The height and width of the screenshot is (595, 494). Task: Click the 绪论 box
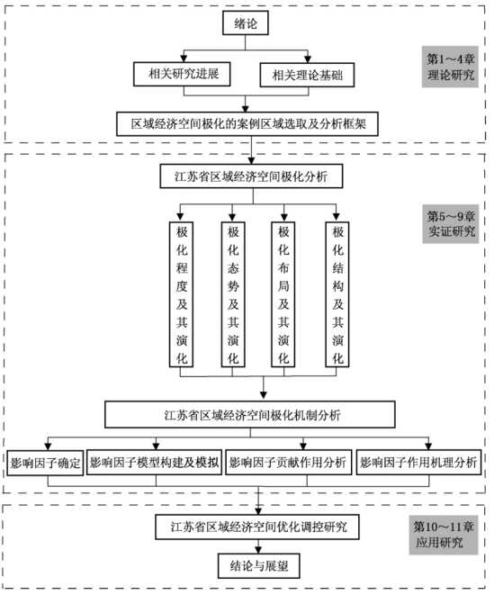pyautogui.click(x=246, y=23)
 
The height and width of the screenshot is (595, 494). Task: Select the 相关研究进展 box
pyautogui.click(x=182, y=74)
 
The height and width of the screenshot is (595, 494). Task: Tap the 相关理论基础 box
pyautogui.click(x=307, y=75)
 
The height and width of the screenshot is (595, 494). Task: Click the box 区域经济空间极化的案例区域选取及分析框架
pyautogui.click(x=247, y=123)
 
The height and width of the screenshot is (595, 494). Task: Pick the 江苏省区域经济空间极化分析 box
pyautogui.click(x=251, y=176)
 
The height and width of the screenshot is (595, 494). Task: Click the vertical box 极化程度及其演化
pyautogui.click(x=181, y=294)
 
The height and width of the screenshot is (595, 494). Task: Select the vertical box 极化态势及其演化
pyautogui.click(x=233, y=294)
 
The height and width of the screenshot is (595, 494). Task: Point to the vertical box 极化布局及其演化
pyautogui.click(x=283, y=294)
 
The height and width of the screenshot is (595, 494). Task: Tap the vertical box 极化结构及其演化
pyautogui.click(x=337, y=294)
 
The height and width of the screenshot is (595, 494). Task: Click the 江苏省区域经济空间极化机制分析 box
pyautogui.click(x=250, y=415)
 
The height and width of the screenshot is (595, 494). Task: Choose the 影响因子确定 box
pyautogui.click(x=45, y=463)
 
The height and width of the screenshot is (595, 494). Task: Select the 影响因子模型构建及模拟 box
pyautogui.click(x=154, y=462)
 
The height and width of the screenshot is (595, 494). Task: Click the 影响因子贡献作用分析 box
pyautogui.click(x=288, y=462)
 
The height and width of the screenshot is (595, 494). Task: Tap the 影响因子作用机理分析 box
pyautogui.click(x=419, y=462)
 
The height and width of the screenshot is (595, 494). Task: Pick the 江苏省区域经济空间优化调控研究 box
pyautogui.click(x=257, y=527)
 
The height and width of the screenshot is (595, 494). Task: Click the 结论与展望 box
pyautogui.click(x=259, y=566)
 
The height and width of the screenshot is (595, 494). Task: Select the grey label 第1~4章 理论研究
pyautogui.click(x=450, y=67)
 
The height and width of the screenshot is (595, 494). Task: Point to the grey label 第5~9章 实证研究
pyautogui.click(x=451, y=224)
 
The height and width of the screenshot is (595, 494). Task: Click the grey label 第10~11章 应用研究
pyautogui.click(x=443, y=535)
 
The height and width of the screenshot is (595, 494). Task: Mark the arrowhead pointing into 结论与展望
pyautogui.click(x=258, y=550)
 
